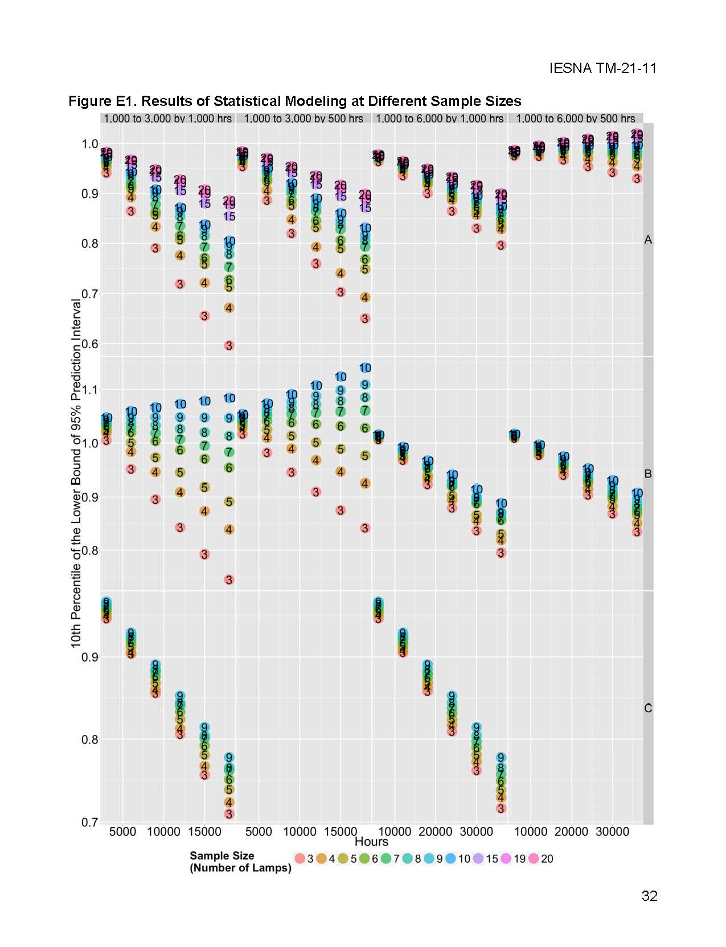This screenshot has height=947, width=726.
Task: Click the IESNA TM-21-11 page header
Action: click(x=602, y=68)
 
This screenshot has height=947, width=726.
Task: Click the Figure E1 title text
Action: click(x=294, y=101)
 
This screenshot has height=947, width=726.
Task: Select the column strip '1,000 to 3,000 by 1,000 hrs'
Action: click(x=167, y=119)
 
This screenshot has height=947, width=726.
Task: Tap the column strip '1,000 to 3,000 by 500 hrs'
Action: click(x=303, y=119)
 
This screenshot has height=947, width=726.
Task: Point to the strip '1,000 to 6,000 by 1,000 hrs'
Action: click(x=440, y=119)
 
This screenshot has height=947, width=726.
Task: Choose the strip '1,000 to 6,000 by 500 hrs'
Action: click(x=575, y=119)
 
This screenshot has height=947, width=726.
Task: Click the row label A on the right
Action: click(x=647, y=240)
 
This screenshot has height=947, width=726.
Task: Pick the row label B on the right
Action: click(x=647, y=474)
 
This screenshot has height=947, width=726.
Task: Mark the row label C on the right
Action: click(x=647, y=708)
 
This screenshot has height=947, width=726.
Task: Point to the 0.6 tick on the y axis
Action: click(x=90, y=344)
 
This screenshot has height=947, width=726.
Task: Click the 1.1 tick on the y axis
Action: click(x=90, y=390)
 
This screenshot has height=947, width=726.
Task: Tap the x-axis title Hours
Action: click(x=371, y=842)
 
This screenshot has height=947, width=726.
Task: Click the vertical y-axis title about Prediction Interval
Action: click(x=76, y=473)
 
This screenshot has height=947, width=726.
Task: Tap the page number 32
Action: click(x=649, y=896)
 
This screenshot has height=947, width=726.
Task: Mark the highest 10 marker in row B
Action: click(x=365, y=368)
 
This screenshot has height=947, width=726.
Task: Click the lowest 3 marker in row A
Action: click(x=229, y=345)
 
